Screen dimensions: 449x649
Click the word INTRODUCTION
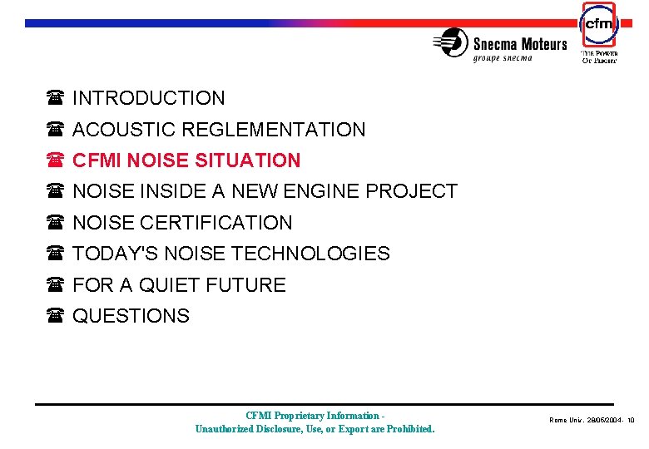tap(148, 98)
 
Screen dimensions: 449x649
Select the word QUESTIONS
tap(131, 316)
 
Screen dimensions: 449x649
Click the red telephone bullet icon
tap(56, 160)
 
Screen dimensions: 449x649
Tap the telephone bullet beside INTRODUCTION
tap(56, 98)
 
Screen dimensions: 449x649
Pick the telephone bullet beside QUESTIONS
tap(56, 316)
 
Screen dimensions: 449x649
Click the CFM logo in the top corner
tap(598, 25)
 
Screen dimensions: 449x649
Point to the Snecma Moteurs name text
tap(520, 44)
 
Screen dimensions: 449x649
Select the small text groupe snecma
tap(508, 58)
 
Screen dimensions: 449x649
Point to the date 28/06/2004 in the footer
tap(595, 421)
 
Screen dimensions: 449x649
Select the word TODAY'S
tap(111, 254)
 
